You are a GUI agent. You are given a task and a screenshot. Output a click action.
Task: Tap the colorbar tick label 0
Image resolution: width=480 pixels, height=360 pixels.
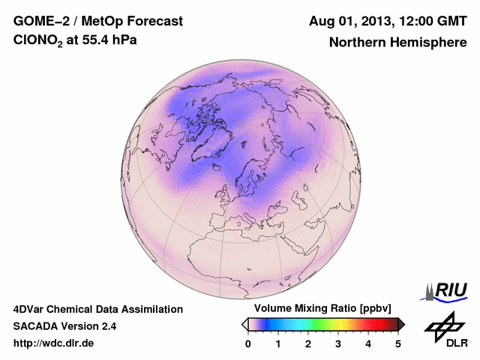[248, 343]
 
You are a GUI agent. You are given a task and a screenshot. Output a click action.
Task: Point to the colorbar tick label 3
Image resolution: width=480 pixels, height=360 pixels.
[338, 343]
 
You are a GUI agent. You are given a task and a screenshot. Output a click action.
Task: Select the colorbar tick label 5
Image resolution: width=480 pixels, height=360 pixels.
[398, 343]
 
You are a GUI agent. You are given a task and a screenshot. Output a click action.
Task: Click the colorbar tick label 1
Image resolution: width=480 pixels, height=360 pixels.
[278, 343]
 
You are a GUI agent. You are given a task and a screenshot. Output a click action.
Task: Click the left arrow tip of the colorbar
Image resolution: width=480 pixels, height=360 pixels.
[244, 324]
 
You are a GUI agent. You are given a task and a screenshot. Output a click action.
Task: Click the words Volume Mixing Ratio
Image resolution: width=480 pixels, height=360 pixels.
[296, 309]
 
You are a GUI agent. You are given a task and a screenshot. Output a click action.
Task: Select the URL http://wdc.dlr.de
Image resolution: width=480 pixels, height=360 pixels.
[54, 343]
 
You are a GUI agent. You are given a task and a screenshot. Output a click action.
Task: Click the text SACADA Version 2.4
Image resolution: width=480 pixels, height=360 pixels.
[64, 326]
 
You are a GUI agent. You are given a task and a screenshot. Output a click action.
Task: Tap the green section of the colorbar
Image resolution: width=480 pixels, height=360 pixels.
[316, 324]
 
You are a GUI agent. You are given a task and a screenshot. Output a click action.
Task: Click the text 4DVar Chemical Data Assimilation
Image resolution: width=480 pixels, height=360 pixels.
[97, 309]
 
